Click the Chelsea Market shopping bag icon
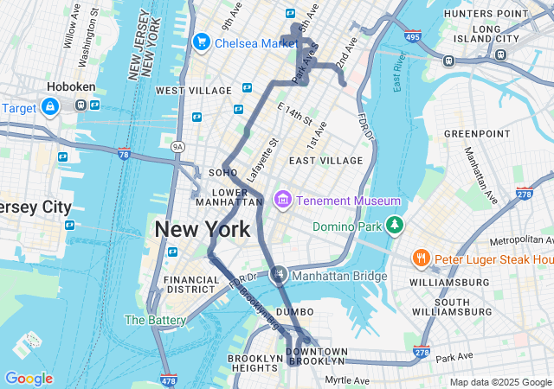(x=202, y=41)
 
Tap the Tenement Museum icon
(x=281, y=201)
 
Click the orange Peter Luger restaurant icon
(x=421, y=258)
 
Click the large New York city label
(x=203, y=229)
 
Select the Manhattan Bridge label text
(x=339, y=277)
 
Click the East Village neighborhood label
(x=326, y=161)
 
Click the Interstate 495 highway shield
(x=412, y=36)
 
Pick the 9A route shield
(x=178, y=147)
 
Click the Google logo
(x=29, y=379)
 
